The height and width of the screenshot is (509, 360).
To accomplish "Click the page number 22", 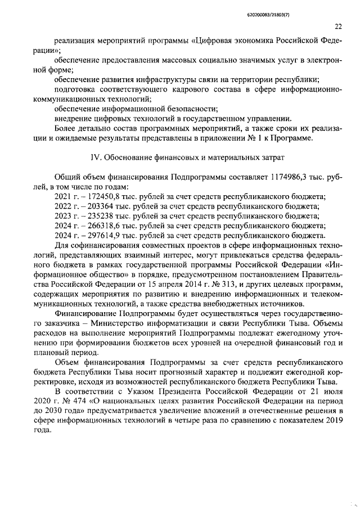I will point(338,26).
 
